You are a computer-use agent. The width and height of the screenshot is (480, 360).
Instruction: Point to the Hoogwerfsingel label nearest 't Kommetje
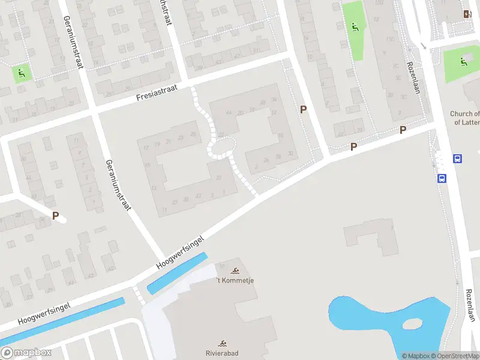coord(180,251)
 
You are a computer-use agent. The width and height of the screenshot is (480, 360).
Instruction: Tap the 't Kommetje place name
coord(235,280)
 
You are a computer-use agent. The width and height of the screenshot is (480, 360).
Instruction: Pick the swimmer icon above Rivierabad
coord(223,344)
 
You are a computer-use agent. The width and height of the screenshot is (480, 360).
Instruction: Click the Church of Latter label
coord(465,118)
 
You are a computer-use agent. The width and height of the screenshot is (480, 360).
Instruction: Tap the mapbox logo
coord(26,353)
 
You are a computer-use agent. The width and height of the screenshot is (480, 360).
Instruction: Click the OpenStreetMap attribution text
coord(454,356)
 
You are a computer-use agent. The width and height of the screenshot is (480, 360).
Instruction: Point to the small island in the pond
coord(413,323)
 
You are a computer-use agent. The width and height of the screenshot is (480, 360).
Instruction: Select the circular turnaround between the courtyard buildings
coord(222,147)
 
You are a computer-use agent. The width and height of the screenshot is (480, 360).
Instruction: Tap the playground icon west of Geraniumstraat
coord(22,74)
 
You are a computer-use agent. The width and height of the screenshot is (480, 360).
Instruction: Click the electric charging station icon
coord(467,14)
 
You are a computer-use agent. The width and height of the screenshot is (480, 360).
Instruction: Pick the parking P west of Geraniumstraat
coord(56,216)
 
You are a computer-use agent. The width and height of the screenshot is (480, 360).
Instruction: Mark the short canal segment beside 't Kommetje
coord(177,274)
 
